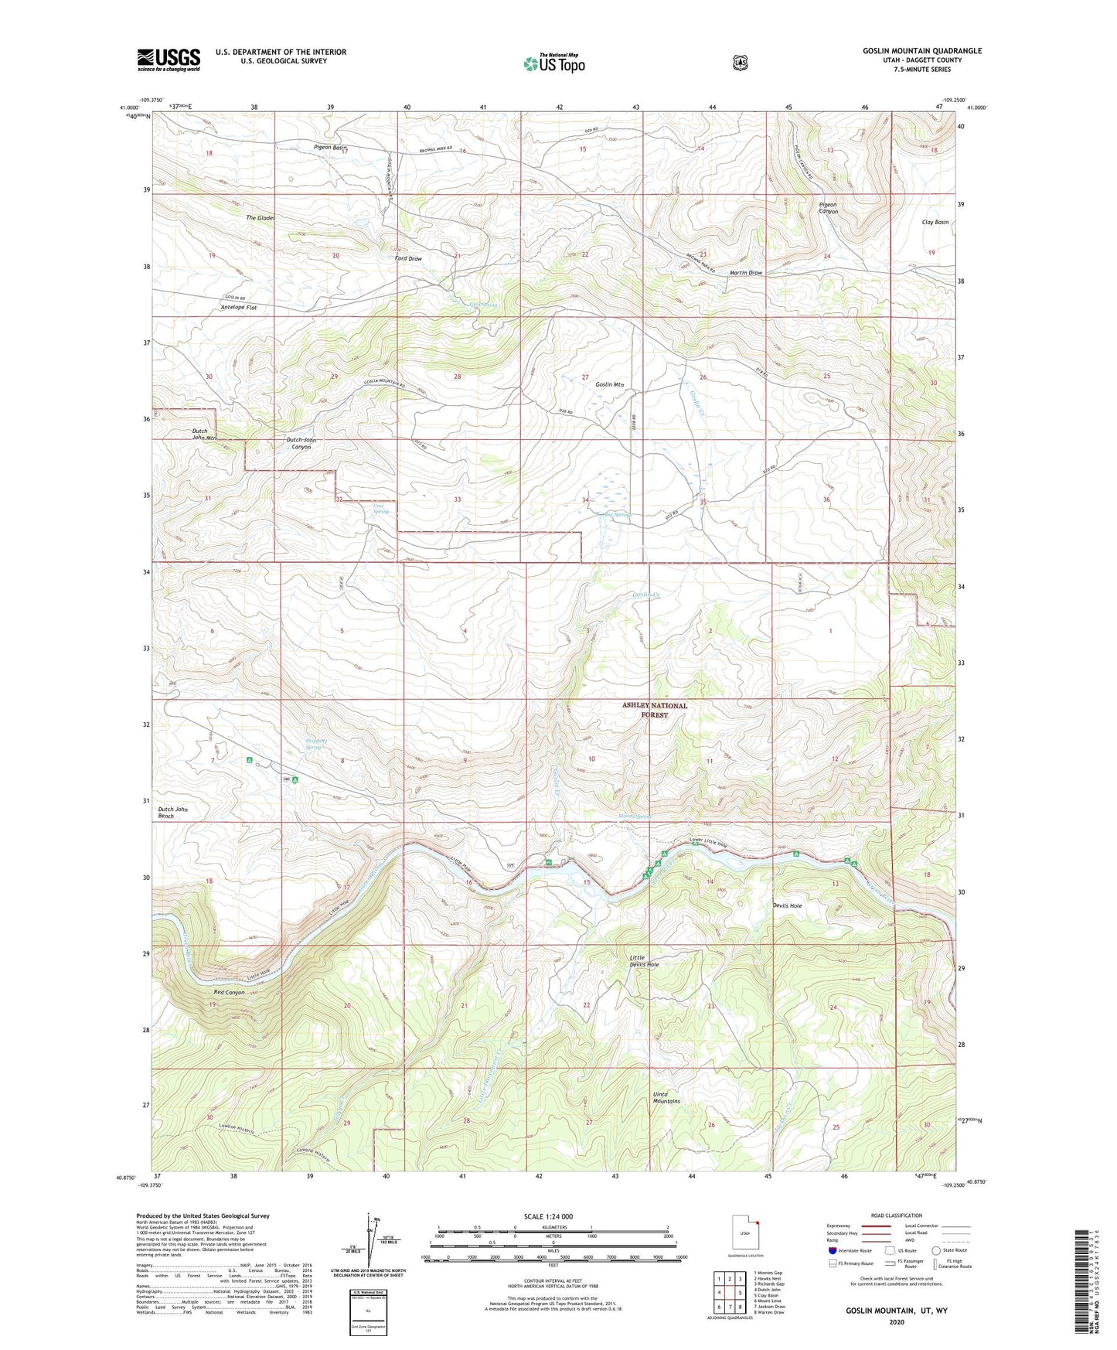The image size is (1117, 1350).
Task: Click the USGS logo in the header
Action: pyautogui.click(x=169, y=60)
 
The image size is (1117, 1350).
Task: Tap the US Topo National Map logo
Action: pyautogui.click(x=553, y=63)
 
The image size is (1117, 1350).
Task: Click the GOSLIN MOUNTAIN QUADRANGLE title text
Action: pyautogui.click(x=922, y=51)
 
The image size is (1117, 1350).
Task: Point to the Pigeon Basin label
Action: pyautogui.click(x=330, y=147)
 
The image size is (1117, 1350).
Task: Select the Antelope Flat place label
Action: pyautogui.click(x=238, y=307)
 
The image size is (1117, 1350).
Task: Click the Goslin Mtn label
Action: pyautogui.click(x=609, y=384)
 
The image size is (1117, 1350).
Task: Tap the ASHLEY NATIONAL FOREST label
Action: pyautogui.click(x=654, y=710)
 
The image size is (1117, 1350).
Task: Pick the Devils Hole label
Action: pyautogui.click(x=787, y=905)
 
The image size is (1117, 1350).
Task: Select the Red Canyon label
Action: pyautogui.click(x=229, y=992)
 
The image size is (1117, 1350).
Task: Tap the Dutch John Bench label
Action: pyautogui.click(x=172, y=813)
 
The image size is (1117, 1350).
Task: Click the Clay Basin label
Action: pyautogui.click(x=935, y=222)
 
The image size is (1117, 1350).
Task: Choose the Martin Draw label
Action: pyautogui.click(x=745, y=273)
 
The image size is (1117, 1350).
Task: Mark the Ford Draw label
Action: pyautogui.click(x=408, y=258)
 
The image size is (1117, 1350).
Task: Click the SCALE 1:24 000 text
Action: pyautogui.click(x=548, y=1216)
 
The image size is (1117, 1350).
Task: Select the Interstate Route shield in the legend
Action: pyautogui.click(x=832, y=1250)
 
